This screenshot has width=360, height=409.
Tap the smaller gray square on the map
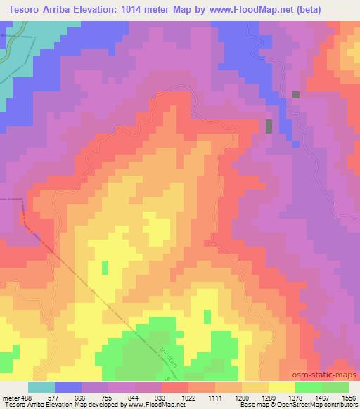(x=296, y=94)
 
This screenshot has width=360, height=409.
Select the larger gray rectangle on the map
(x=269, y=126)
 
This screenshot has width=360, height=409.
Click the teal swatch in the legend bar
(x=41, y=388)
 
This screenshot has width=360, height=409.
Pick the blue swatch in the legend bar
(x=68, y=388)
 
